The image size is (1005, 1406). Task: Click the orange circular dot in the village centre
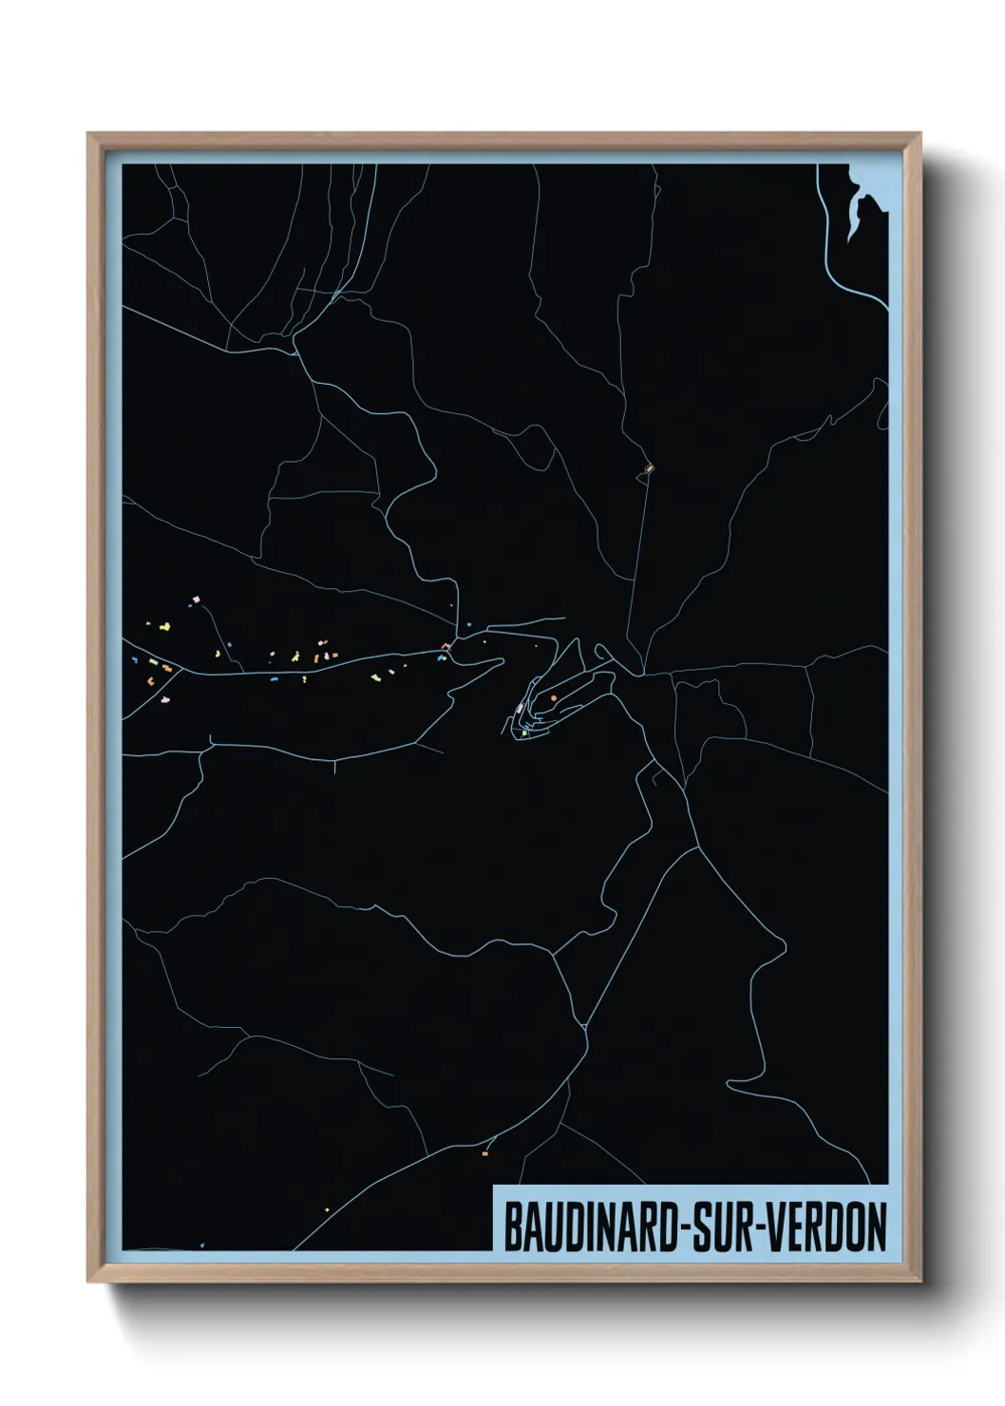(x=554, y=698)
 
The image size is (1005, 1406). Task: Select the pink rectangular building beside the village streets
(x=520, y=709)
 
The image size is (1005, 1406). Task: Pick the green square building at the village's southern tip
(x=524, y=732)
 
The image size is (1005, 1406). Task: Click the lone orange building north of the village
(x=650, y=467)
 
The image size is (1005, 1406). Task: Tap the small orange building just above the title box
(x=485, y=1153)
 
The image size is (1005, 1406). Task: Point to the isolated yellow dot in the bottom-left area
(x=327, y=1209)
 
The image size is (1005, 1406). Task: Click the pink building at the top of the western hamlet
(x=197, y=599)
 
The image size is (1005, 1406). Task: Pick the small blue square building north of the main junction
(x=468, y=624)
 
